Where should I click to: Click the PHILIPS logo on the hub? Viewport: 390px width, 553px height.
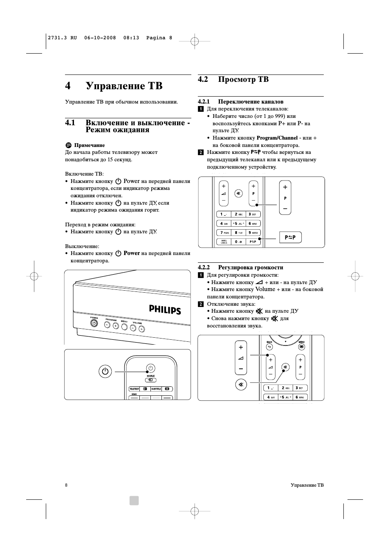pos(165,309)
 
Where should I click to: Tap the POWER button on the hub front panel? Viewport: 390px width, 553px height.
pos(94,323)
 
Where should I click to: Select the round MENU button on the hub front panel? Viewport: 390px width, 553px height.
pos(124,327)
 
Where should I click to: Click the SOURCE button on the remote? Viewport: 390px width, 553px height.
pos(150,379)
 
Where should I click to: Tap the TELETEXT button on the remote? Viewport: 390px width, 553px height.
pos(134,389)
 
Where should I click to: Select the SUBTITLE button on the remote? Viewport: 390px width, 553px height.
pos(156,389)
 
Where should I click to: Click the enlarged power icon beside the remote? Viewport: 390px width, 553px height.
pos(105,372)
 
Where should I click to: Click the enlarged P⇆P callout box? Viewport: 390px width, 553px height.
pos(290,237)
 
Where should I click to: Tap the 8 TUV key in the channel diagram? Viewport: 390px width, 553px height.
pos(238,232)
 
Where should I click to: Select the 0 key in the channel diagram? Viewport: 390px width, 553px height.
pos(238,242)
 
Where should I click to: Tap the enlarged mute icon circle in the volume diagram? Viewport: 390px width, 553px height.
pos(241,385)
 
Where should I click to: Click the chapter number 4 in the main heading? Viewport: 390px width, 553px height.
pos(68,86)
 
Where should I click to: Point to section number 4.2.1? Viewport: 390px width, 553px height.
pos(204,102)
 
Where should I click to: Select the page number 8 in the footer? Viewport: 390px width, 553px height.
pos(66,485)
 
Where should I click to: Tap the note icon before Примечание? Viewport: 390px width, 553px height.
pos(68,145)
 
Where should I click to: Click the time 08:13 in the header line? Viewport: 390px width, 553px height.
pos(131,38)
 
